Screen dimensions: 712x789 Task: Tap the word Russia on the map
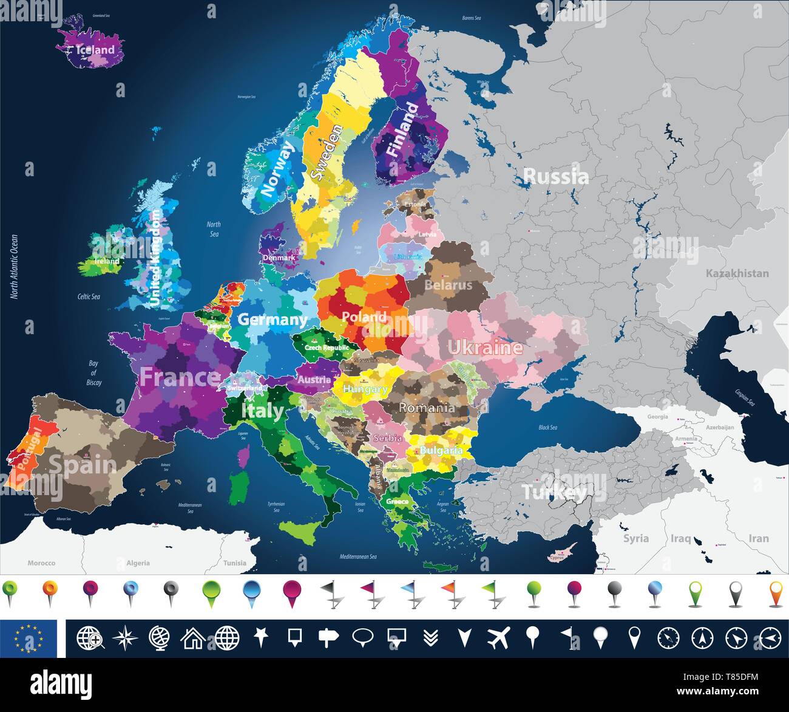(555, 177)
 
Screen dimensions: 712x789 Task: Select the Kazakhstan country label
(737, 273)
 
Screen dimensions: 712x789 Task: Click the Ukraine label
(484, 347)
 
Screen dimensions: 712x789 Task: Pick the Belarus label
(448, 284)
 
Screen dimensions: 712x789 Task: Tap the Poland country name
(364, 317)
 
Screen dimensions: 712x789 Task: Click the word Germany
(272, 319)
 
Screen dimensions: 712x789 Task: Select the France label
(180, 377)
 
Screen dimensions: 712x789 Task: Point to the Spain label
(82, 465)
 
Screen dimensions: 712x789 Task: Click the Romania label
(427, 407)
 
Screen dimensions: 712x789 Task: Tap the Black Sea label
(547, 428)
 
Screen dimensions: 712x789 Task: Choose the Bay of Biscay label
(93, 373)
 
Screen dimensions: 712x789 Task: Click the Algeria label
(138, 563)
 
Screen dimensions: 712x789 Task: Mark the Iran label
(758, 538)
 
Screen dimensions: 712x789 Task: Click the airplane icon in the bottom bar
(498, 638)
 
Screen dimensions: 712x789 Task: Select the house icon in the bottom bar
(192, 638)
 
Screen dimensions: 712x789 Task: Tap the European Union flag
(29, 638)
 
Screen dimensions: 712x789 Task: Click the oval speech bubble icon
(362, 637)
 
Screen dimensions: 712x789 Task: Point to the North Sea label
(214, 229)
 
